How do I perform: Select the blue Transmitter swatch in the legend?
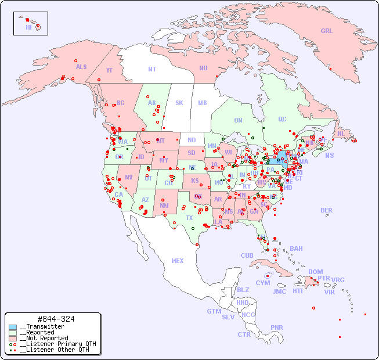(x=13, y=327)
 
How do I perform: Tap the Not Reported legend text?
(x=44, y=338)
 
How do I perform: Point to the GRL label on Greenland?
(x=327, y=31)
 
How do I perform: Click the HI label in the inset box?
(x=28, y=27)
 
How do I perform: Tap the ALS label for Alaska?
(x=81, y=67)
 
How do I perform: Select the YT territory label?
(x=109, y=70)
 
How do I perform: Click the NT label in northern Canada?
(x=152, y=69)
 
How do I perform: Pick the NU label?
(x=203, y=68)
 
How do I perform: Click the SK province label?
(x=179, y=103)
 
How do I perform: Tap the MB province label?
(x=203, y=103)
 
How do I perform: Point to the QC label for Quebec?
(x=282, y=120)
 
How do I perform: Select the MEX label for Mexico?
(x=178, y=261)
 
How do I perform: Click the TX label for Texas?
(x=189, y=218)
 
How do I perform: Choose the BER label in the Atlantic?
(x=327, y=210)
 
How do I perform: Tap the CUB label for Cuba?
(x=247, y=255)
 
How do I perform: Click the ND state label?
(x=192, y=140)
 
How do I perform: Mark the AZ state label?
(x=145, y=200)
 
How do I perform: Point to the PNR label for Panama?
(x=277, y=327)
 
